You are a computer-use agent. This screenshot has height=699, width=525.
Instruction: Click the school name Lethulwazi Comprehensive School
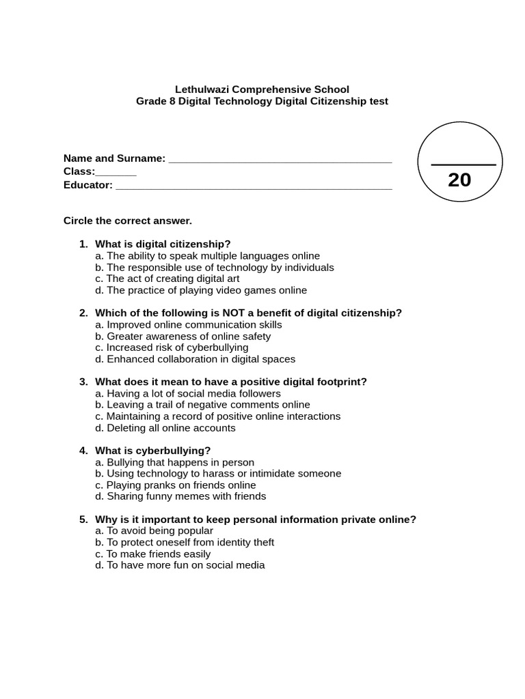tap(262, 89)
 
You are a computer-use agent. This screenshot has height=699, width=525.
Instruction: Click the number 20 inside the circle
tap(459, 180)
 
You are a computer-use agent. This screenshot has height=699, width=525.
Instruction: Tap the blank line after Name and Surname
tap(280, 161)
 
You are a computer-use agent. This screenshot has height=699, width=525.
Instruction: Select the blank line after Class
tap(116, 175)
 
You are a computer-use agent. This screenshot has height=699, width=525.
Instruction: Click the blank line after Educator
tap(254, 188)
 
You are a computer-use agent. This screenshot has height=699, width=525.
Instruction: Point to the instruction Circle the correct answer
tap(128, 220)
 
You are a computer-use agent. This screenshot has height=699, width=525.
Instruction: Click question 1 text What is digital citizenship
tap(163, 244)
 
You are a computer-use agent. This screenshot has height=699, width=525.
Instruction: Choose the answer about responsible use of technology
tap(215, 267)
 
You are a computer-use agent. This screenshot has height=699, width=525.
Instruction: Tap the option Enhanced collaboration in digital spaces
tap(196, 359)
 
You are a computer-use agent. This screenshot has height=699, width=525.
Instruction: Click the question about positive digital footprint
tap(231, 382)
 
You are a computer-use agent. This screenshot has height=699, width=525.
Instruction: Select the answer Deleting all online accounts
tap(165, 428)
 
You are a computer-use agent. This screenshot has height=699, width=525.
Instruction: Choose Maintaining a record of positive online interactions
tap(217, 416)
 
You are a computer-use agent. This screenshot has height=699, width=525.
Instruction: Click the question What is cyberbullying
tap(153, 451)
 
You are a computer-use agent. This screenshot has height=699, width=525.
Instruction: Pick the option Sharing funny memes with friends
tap(180, 496)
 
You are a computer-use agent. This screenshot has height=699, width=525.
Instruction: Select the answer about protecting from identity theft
tap(185, 542)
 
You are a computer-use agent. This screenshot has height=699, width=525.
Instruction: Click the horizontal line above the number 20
tap(463, 165)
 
